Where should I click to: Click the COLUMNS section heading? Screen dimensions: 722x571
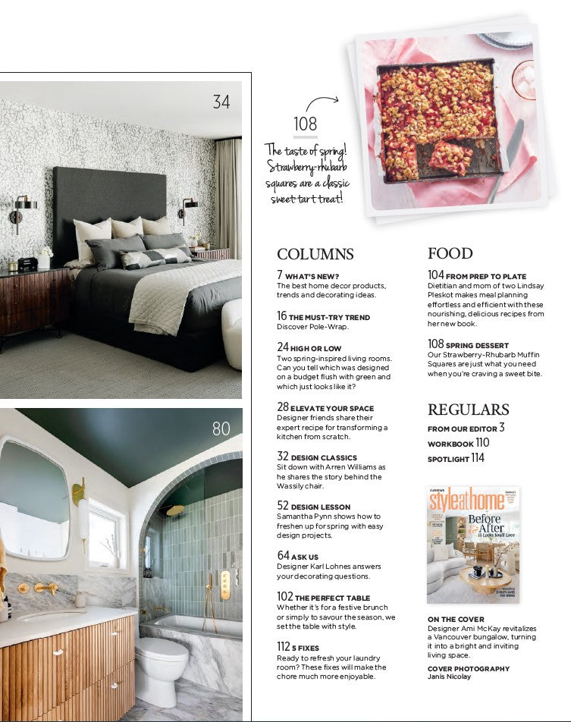[315, 254]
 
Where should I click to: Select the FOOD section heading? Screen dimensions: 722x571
[450, 253]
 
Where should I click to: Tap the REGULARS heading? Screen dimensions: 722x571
[468, 410]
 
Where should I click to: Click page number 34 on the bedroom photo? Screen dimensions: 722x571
[221, 101]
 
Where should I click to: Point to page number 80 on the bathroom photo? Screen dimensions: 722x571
[221, 429]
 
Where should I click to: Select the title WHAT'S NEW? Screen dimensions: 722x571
[313, 276]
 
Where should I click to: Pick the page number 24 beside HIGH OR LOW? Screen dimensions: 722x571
[282, 347]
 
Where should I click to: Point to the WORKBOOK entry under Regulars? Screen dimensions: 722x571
[450, 444]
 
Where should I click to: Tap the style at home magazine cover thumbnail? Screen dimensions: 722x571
[472, 545]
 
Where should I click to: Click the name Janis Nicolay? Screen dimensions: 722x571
[448, 676]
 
